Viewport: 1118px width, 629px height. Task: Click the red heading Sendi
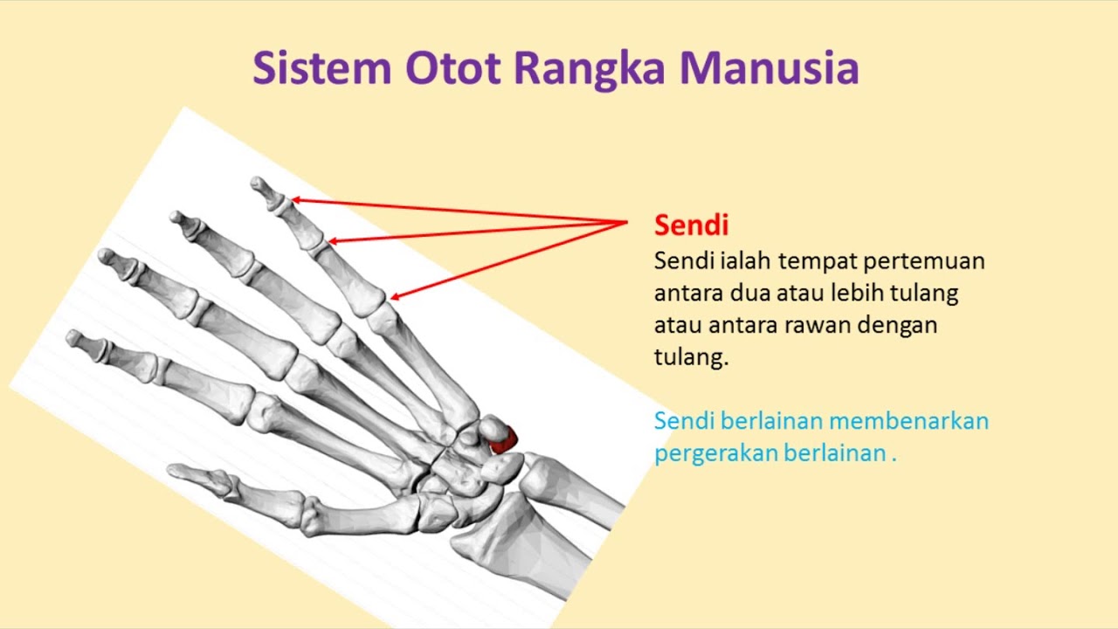pos(691,225)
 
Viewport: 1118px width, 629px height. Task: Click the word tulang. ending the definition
pos(691,358)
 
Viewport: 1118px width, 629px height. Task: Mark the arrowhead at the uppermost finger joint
pos(294,200)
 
